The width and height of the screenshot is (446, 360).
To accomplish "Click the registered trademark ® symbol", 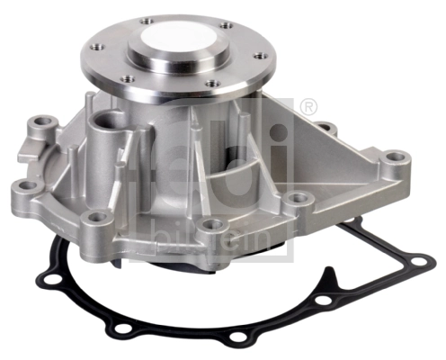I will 309,107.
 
